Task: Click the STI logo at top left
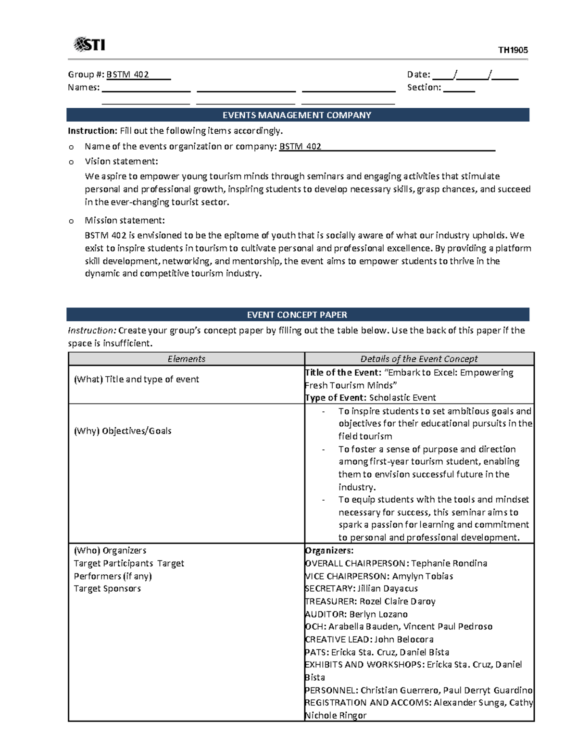[89, 45]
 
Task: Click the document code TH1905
[513, 50]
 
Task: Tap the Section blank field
[459, 88]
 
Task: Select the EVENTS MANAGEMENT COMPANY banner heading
[297, 115]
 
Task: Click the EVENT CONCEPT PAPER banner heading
[297, 315]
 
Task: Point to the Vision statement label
[121, 161]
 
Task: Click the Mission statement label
[125, 220]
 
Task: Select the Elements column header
[186, 359]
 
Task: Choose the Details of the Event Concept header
[419, 359]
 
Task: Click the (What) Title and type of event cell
[136, 379]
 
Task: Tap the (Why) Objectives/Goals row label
[122, 431]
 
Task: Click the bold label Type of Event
[336, 398]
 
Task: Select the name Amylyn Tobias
[422, 576]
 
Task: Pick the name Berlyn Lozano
[378, 614]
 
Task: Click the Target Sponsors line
[107, 589]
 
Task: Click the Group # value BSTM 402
[127, 75]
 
